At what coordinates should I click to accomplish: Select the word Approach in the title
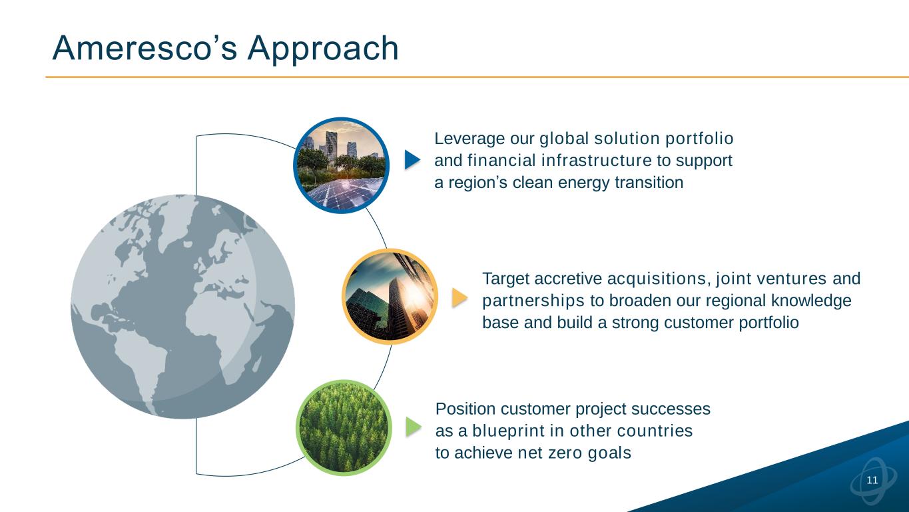(323, 49)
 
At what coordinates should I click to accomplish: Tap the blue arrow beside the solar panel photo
(412, 159)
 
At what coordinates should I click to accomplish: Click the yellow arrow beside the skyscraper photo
(459, 298)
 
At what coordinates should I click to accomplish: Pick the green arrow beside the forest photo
(414, 427)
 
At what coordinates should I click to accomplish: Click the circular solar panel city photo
(341, 165)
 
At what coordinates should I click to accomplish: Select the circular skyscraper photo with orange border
(390, 297)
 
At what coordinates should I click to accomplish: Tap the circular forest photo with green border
(344, 427)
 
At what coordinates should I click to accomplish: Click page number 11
(872, 480)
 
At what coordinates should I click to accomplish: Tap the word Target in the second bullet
(505, 279)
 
